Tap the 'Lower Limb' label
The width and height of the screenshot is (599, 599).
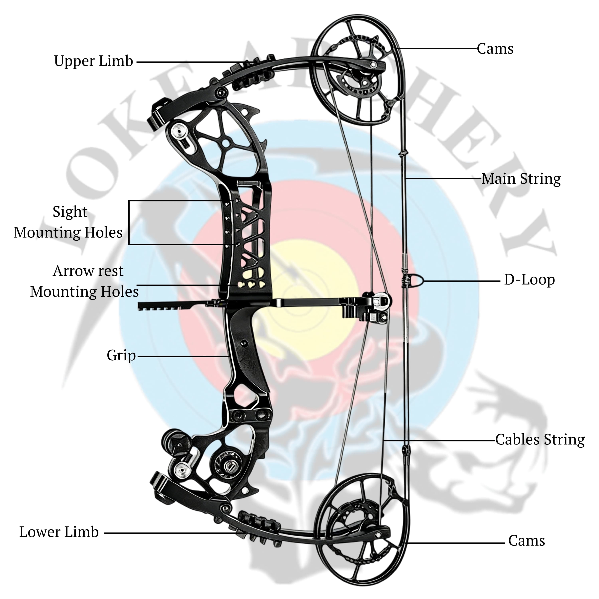click(59, 532)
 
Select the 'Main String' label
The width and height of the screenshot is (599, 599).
click(521, 179)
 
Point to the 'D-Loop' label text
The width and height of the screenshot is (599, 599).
click(529, 280)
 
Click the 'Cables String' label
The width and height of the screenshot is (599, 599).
click(540, 440)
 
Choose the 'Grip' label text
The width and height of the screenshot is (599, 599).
click(121, 355)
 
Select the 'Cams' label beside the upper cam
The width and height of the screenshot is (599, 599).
click(495, 49)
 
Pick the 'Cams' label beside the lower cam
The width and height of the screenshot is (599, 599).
click(526, 541)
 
